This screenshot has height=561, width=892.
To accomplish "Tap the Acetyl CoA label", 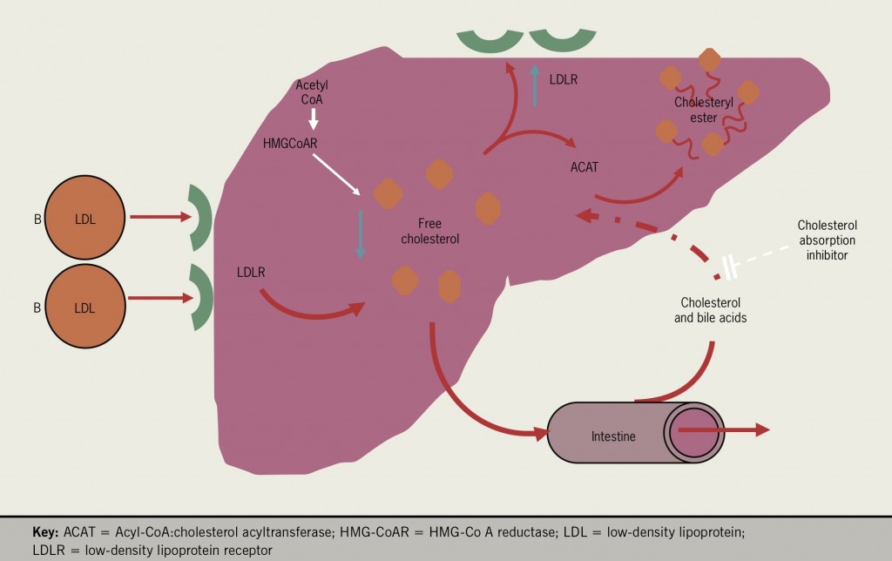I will (x=311, y=91).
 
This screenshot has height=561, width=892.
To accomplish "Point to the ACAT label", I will (x=584, y=167).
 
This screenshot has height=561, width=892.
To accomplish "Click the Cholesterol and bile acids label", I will (x=711, y=310).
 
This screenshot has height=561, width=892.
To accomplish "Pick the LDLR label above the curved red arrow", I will (x=251, y=272).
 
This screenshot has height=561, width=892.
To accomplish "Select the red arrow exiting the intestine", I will (x=723, y=429).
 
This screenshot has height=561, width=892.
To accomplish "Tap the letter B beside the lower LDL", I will (x=37, y=307).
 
